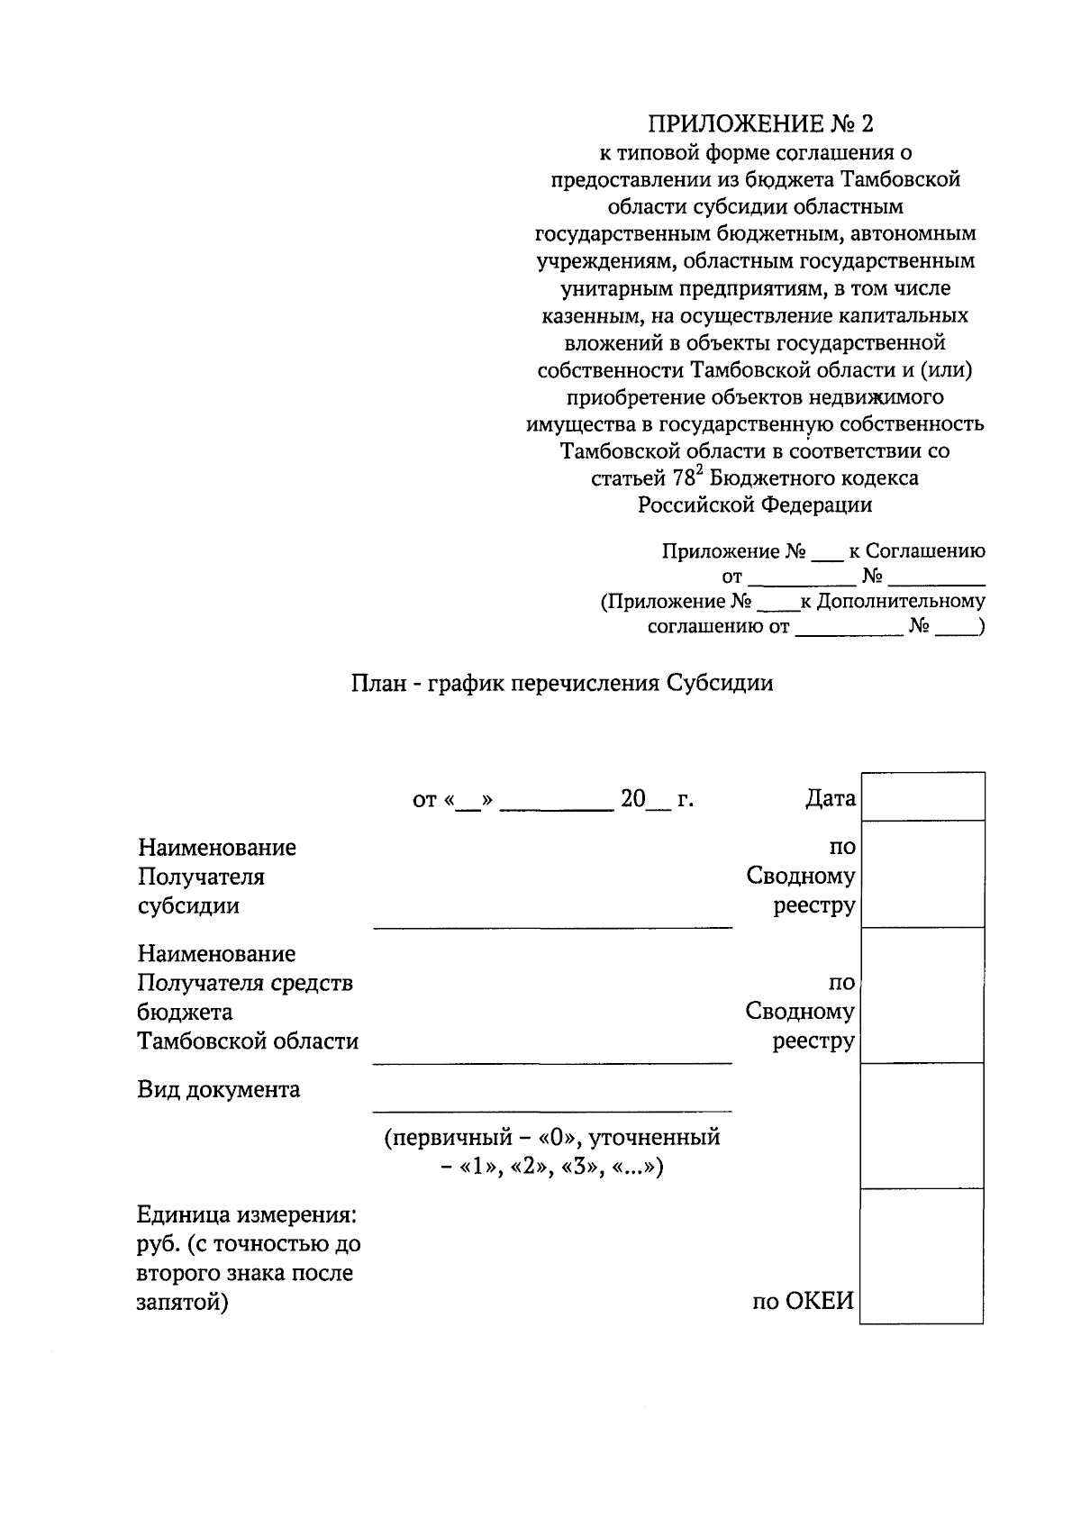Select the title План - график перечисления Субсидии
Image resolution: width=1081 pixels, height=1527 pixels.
tap(561, 683)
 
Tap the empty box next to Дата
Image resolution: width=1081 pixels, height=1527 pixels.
tap(922, 796)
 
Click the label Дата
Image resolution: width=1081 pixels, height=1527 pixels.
tap(830, 798)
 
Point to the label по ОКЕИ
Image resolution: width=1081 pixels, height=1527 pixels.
tap(803, 1302)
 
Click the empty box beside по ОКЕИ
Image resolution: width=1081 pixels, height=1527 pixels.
tap(922, 1256)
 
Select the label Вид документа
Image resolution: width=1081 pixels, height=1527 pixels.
tap(219, 1090)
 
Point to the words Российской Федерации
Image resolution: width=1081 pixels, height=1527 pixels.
tap(755, 505)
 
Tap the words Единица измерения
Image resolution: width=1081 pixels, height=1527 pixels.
tap(247, 1215)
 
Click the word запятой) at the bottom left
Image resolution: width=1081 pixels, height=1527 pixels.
tap(182, 1302)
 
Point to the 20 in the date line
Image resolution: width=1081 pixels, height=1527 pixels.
tap(633, 799)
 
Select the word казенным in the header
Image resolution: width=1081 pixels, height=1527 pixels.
tap(589, 316)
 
